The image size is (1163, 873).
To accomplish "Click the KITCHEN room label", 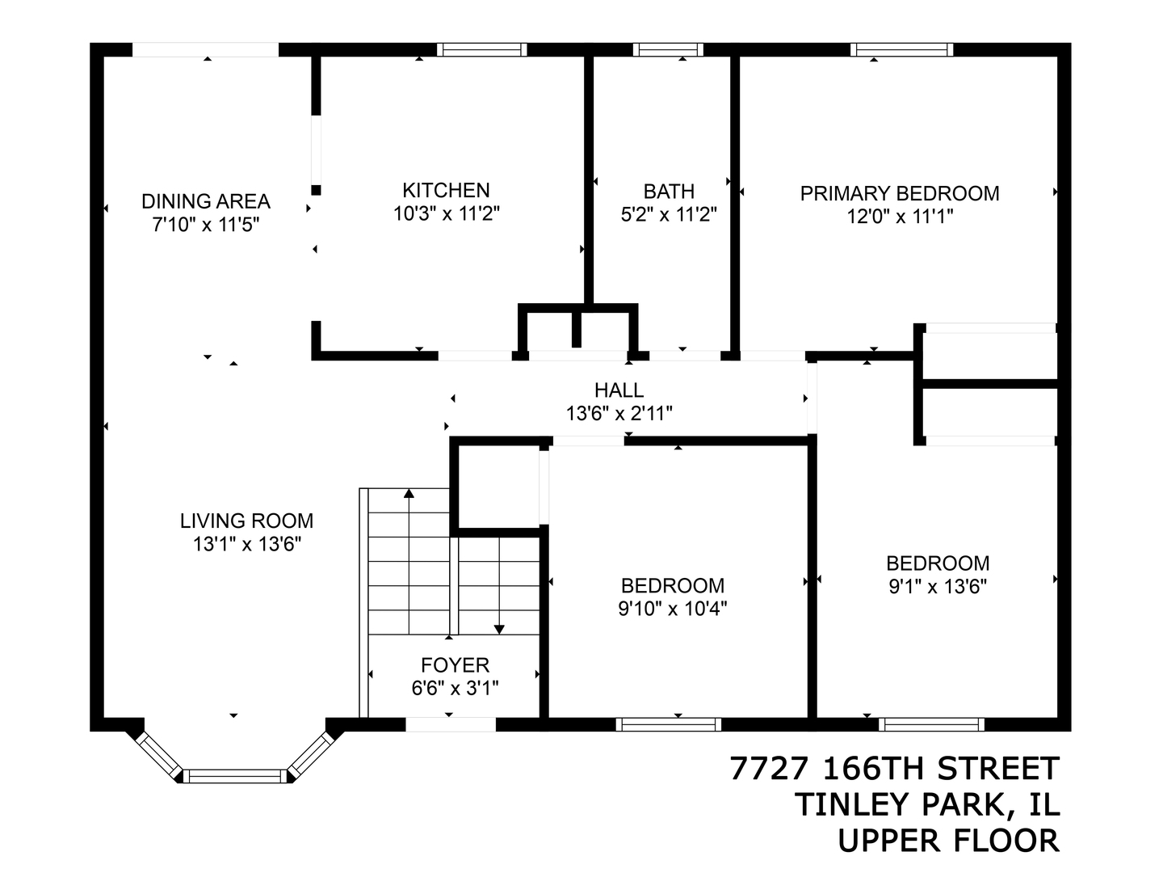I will pyautogui.click(x=446, y=190).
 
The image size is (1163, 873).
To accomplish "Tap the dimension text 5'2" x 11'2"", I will pyautogui.click(x=668, y=215).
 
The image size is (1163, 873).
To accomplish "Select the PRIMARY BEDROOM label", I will pyautogui.click(x=899, y=193).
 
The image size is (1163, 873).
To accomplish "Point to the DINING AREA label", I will pyautogui.click(x=206, y=200).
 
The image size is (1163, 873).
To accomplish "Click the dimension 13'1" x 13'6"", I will pyautogui.click(x=246, y=544).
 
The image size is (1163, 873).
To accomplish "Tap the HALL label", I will pyautogui.click(x=619, y=390).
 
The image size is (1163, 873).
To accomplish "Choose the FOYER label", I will pyautogui.click(x=455, y=665).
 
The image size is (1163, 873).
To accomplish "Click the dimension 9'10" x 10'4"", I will pyautogui.click(x=672, y=609).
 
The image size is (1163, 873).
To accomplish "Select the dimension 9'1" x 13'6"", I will pyautogui.click(x=937, y=586).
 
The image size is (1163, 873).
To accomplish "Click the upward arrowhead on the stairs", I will pyautogui.click(x=409, y=491).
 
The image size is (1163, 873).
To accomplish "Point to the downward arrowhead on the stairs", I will pyautogui.click(x=499, y=628).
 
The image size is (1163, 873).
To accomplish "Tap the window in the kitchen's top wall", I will pyautogui.click(x=482, y=49).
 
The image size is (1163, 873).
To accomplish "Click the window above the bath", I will pyautogui.click(x=668, y=49).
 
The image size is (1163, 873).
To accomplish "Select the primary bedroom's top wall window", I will pyautogui.click(x=901, y=49).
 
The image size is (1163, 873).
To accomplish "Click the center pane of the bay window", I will pyautogui.click(x=234, y=776).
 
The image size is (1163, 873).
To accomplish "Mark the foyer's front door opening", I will pyautogui.click(x=450, y=724).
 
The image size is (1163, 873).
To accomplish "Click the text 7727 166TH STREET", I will pyautogui.click(x=894, y=769).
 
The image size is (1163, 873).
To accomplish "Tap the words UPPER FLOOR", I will pyautogui.click(x=947, y=841).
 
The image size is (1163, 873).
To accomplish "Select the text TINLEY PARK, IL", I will pyautogui.click(x=927, y=804).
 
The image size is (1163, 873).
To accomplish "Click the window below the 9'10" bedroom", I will pyautogui.click(x=668, y=724).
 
